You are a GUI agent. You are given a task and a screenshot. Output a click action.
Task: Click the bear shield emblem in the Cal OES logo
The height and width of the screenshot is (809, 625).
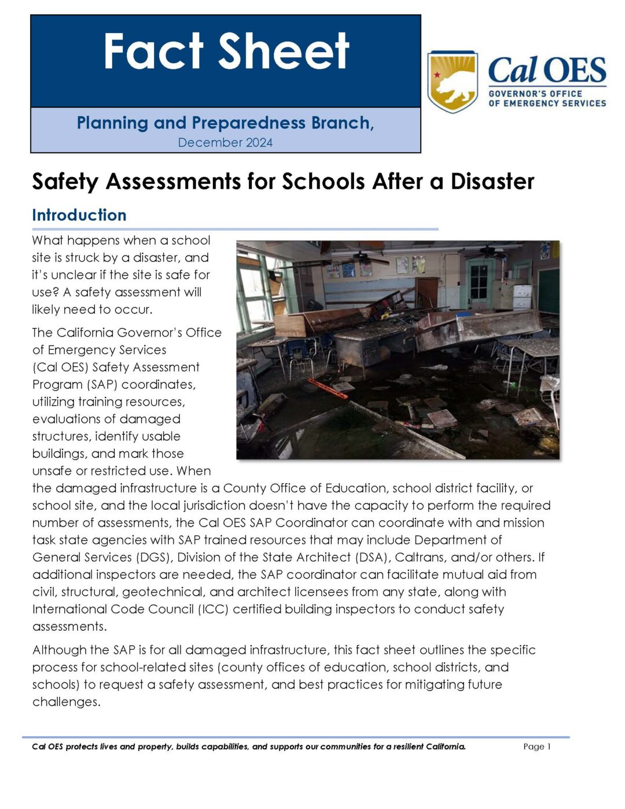[x=452, y=81]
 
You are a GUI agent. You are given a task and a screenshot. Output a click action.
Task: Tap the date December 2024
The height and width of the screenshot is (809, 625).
[x=225, y=142]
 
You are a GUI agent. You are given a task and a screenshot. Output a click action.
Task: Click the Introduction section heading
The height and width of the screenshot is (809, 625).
[x=79, y=215]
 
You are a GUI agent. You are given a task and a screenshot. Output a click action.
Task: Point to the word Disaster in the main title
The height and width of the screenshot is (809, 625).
[x=492, y=182]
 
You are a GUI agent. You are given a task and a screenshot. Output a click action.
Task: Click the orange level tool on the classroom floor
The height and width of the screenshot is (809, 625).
[x=327, y=388]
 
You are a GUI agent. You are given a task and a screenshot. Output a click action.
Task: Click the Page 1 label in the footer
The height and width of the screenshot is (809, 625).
[x=536, y=747]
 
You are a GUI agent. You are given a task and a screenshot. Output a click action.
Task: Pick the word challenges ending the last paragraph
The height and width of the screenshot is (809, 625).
[x=65, y=702]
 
